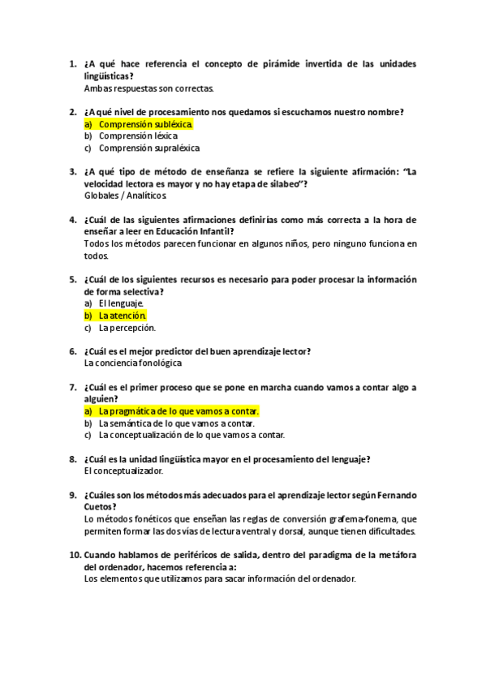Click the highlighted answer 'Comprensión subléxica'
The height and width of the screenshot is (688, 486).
(x=145, y=124)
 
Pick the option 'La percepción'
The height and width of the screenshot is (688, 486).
(x=127, y=328)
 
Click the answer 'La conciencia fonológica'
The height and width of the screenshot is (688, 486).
(x=133, y=363)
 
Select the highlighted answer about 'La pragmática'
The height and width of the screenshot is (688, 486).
(x=178, y=411)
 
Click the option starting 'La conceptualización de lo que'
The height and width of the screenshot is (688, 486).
(x=191, y=435)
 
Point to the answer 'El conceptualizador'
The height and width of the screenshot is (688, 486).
(x=123, y=471)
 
